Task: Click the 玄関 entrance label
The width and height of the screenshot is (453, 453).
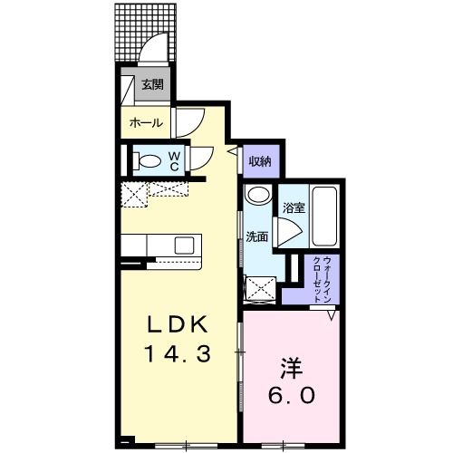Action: click(x=152, y=85)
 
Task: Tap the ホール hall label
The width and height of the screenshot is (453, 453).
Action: click(x=146, y=122)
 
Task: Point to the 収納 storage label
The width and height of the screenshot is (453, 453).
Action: click(x=260, y=161)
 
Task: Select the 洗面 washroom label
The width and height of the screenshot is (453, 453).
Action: click(x=256, y=236)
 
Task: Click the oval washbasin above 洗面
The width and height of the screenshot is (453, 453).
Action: click(x=257, y=195)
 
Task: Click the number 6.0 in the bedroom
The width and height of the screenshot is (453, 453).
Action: click(x=290, y=397)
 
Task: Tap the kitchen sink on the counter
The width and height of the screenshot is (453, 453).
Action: click(x=185, y=245)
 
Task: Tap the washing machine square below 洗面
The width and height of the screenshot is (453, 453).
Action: click(x=262, y=289)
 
